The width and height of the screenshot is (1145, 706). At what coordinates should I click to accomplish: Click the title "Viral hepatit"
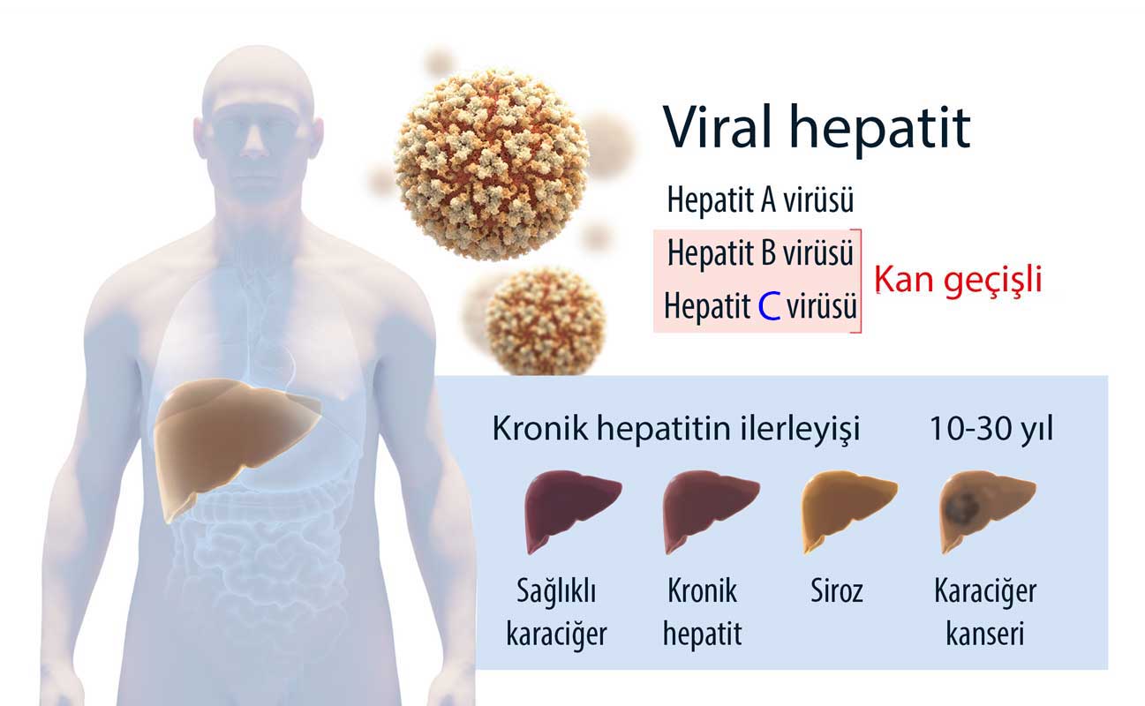[817, 128]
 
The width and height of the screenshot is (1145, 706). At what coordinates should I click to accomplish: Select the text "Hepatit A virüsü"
[760, 199]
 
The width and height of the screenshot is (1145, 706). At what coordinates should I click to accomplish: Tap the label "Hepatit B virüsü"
[760, 253]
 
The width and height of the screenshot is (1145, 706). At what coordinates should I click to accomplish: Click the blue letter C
[769, 305]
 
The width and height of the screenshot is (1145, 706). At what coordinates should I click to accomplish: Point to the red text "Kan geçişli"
[958, 280]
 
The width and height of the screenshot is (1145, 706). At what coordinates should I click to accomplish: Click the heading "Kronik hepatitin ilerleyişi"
[676, 429]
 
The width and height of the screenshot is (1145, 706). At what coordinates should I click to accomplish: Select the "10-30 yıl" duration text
[991, 429]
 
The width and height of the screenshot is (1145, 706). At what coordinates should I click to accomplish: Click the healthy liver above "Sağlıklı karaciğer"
[571, 509]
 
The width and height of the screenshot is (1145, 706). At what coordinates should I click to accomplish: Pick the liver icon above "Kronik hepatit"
[710, 509]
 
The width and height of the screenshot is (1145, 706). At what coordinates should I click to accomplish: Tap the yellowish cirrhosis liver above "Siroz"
[848, 509]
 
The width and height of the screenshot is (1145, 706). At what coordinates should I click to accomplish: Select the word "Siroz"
[837, 591]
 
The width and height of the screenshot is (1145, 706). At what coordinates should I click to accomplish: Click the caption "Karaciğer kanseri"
[985, 612]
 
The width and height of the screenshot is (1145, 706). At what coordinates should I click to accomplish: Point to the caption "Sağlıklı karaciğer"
[556, 612]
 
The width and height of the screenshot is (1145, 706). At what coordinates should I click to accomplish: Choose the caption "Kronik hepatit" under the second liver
[703, 612]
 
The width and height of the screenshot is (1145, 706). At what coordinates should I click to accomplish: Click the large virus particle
[491, 164]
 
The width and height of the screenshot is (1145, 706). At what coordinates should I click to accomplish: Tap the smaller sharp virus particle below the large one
[545, 321]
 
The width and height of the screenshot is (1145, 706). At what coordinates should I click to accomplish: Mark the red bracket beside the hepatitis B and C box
[860, 281]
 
